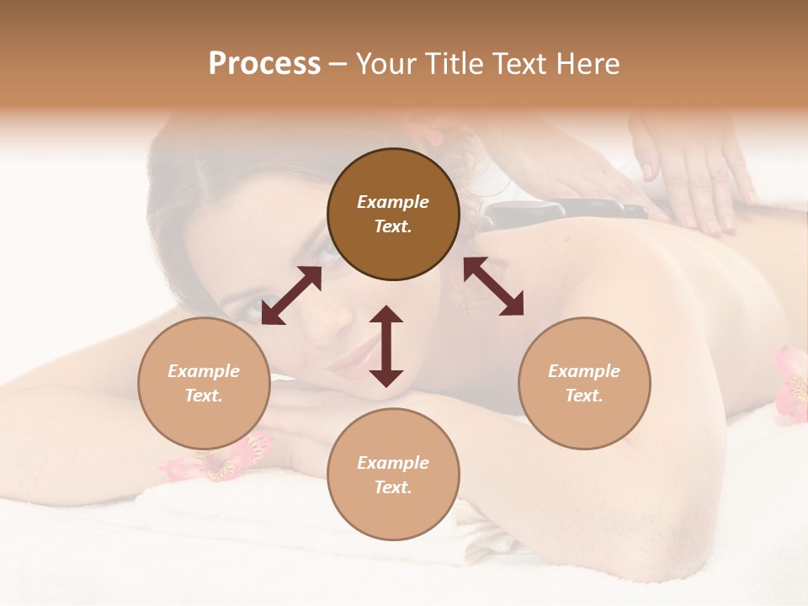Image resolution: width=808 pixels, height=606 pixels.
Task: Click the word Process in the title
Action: click(x=264, y=64)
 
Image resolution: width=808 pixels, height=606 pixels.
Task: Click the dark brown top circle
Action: click(x=393, y=215)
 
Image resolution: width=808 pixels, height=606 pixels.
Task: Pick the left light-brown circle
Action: click(x=204, y=383)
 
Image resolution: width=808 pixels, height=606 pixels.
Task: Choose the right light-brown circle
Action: click(x=584, y=383)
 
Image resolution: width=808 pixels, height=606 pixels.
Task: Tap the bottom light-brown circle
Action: click(x=393, y=474)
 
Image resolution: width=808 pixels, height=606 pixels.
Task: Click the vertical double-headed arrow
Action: click(x=386, y=346)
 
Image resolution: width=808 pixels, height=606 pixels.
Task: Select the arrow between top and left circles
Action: click(x=291, y=295)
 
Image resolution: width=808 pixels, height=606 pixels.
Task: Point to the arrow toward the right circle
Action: click(x=494, y=287)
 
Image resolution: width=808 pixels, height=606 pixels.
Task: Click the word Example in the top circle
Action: click(x=393, y=202)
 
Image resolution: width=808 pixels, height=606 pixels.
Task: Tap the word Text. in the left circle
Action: click(x=204, y=396)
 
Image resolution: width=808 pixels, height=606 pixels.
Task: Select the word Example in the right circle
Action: click(x=584, y=371)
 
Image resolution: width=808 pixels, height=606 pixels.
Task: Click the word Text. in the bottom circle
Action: click(x=393, y=487)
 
